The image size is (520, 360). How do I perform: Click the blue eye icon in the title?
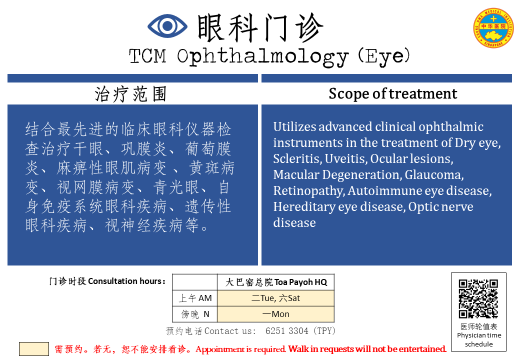[167, 26]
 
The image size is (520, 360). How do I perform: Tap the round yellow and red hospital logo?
[493, 28]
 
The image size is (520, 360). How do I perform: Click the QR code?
[478, 298]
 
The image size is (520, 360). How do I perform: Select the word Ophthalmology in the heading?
[262, 57]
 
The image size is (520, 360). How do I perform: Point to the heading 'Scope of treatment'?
[392, 93]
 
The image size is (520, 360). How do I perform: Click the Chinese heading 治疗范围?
[130, 94]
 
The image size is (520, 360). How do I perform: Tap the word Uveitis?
[346, 159]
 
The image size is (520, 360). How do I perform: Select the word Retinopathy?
[309, 191]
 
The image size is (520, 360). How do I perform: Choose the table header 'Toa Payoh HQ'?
[300, 282]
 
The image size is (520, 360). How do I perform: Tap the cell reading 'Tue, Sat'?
[275, 298]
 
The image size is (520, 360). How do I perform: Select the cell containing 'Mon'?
[275, 314]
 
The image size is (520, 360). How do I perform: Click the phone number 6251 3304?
[287, 331]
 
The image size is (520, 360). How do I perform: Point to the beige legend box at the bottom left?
[34, 349]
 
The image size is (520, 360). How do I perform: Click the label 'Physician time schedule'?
[479, 340]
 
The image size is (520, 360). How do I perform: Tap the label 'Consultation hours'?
[125, 281]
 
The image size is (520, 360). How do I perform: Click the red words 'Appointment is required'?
[240, 349]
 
